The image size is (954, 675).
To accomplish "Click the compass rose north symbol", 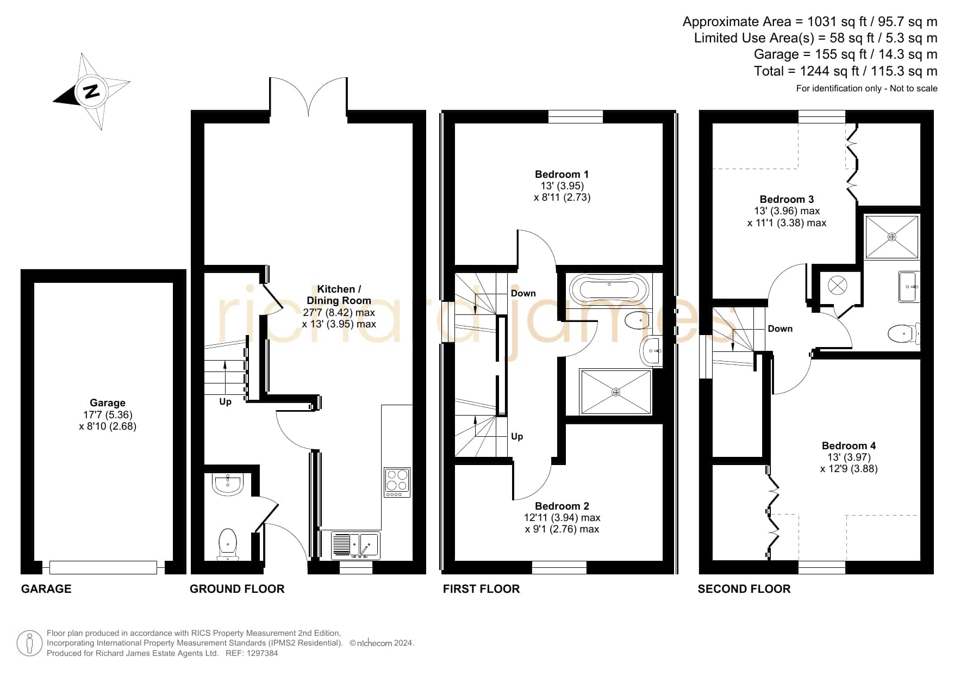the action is [91, 91].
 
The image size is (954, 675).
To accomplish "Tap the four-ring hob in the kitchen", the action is [397, 482].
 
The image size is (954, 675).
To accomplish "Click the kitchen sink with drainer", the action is [356, 545].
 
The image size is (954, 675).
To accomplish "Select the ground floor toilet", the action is [228, 544].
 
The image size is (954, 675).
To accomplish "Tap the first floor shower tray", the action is [615, 392].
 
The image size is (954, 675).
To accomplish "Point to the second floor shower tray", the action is [891, 237].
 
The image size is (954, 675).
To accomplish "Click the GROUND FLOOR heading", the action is [237, 589].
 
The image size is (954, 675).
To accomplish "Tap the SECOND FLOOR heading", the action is [744, 589].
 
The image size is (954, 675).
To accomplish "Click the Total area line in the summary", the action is [845, 71].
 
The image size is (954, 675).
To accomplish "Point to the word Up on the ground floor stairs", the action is [225, 402].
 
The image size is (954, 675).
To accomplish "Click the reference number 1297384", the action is [263, 653].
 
